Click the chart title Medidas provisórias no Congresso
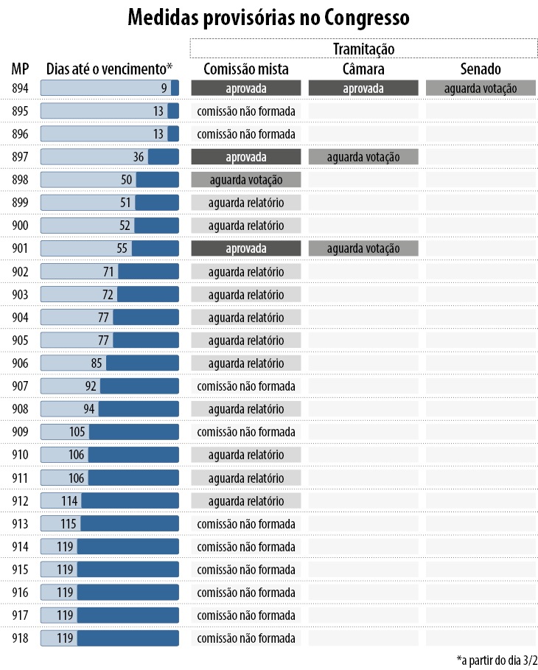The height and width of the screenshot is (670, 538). tap(268, 18)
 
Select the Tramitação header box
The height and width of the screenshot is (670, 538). tap(363, 48)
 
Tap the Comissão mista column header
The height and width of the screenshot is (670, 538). tap(245, 69)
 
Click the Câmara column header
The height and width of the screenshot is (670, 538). tap(363, 69)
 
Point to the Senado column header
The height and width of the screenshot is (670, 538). tap(480, 69)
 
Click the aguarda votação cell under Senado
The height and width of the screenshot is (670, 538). tap(480, 88)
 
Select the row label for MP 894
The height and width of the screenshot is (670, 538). tap(20, 88)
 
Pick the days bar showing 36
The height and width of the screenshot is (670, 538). tap(110, 157)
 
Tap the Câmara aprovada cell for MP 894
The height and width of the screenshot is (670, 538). tap(363, 88)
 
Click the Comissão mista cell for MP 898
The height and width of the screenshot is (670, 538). tap(246, 180)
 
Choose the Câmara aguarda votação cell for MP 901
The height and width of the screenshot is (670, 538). tap(363, 248)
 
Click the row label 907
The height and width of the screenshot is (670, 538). tap(20, 385)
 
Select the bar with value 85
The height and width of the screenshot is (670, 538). tap(110, 363)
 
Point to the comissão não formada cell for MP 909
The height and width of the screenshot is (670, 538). tap(246, 431)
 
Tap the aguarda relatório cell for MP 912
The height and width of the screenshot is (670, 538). tap(246, 500)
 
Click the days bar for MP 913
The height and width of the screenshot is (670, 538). tap(110, 523)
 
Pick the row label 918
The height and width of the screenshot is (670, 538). tap(20, 638)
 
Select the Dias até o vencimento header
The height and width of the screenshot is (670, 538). tap(110, 69)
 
